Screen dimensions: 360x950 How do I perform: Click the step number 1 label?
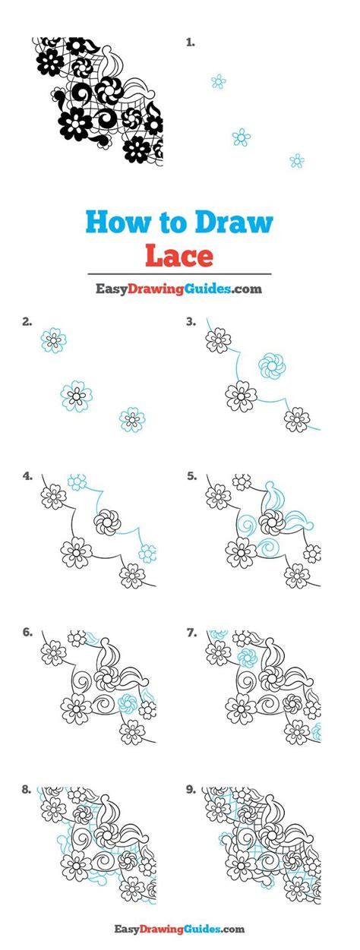[191, 43]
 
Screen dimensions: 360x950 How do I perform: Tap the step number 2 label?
[27, 322]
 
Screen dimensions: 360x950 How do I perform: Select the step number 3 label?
[191, 322]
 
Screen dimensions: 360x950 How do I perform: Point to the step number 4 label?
[27, 476]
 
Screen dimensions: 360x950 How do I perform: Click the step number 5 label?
[191, 476]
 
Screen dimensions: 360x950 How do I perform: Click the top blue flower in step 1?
[219, 81]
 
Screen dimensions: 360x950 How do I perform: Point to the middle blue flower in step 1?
[242, 137]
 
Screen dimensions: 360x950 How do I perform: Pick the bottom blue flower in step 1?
[297, 161]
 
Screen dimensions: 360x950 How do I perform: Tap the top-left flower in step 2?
[54, 339]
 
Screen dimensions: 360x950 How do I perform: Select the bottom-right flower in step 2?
[132, 419]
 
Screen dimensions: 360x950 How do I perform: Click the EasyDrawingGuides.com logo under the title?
[178, 289]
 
